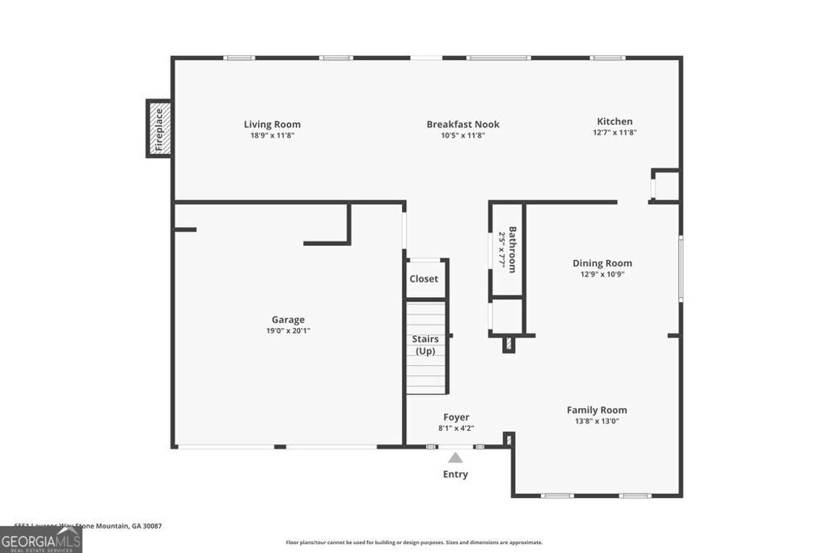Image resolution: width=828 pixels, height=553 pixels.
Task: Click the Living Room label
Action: tap(272, 124)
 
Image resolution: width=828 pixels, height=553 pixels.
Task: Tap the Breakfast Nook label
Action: tap(463, 124)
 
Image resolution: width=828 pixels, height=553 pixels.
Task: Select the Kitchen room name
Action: tap(615, 121)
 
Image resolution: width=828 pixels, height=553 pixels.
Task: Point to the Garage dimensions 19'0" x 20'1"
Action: tap(288, 330)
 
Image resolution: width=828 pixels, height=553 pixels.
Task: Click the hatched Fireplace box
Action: tap(158, 129)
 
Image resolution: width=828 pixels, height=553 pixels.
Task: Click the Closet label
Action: tap(424, 279)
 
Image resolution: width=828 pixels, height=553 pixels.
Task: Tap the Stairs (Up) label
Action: tap(425, 345)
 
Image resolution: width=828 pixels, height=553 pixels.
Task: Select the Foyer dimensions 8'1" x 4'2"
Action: tap(456, 428)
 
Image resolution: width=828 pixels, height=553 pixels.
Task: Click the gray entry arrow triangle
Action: tap(456, 457)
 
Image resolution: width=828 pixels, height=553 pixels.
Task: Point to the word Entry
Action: tap(455, 474)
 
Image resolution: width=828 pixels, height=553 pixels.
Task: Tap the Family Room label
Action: tap(597, 410)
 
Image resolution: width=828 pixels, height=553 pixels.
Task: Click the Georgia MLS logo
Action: tap(40, 540)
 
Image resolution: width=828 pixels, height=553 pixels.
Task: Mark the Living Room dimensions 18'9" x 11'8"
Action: tap(272, 135)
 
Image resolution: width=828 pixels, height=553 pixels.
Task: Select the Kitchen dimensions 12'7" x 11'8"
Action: tap(615, 132)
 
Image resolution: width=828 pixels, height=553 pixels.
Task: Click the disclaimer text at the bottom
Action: tap(414, 542)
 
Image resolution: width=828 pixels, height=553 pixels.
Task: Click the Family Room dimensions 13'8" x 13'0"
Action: tap(597, 421)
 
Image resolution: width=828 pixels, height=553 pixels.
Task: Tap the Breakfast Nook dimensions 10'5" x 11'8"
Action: tap(463, 135)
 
